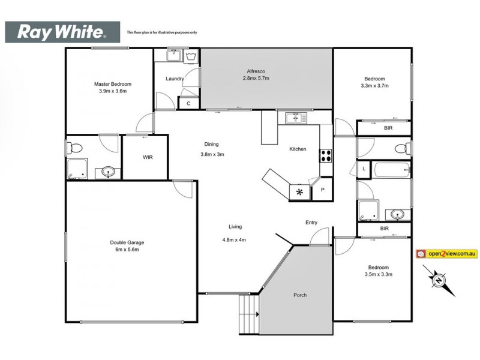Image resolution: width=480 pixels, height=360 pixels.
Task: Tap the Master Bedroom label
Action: click(x=112, y=84)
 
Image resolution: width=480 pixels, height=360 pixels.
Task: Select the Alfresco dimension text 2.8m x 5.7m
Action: click(x=256, y=79)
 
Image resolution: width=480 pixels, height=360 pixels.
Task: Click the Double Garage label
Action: click(x=127, y=242)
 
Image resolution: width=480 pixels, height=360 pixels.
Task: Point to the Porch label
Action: click(x=299, y=295)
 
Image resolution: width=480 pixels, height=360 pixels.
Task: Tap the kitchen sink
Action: click(x=295, y=118)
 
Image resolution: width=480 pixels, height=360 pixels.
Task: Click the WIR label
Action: click(x=148, y=158)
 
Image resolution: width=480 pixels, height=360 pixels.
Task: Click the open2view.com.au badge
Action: click(x=446, y=254)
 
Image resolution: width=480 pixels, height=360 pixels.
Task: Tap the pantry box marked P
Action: click(x=322, y=190)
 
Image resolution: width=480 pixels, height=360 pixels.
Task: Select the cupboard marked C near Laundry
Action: click(x=188, y=103)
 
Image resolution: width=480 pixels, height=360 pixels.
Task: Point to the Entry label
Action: click(x=311, y=223)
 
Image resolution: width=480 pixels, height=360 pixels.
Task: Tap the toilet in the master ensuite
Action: click(x=75, y=146)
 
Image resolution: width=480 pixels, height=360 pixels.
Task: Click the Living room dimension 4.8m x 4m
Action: click(x=234, y=240)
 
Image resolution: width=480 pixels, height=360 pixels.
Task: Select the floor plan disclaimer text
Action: click(x=161, y=32)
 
